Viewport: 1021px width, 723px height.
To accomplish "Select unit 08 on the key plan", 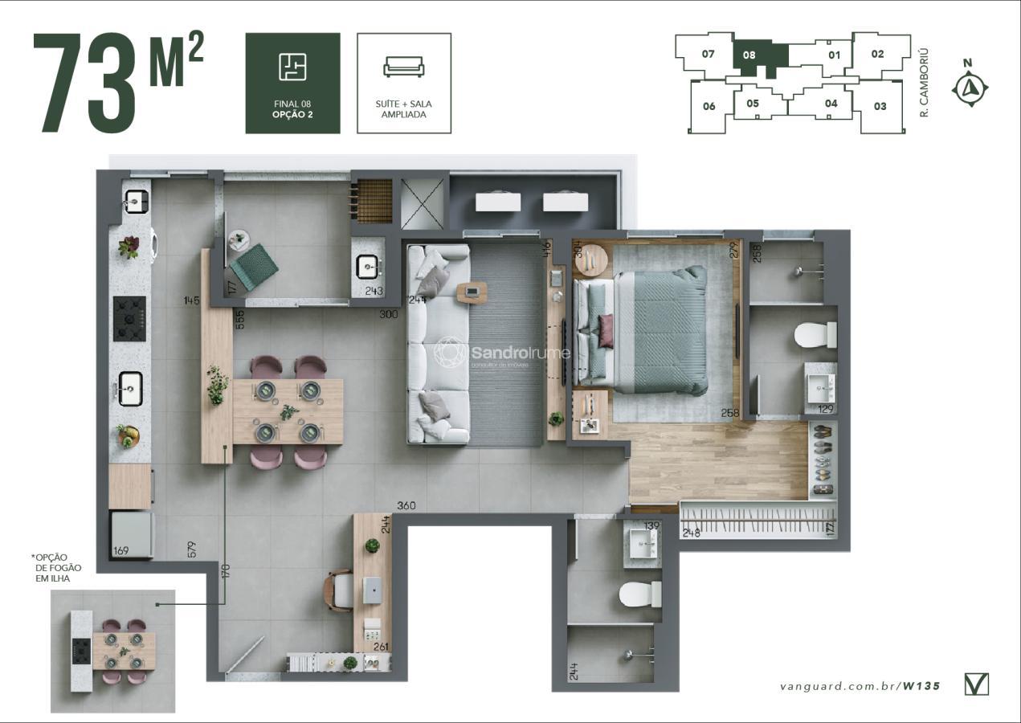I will coord(749,56).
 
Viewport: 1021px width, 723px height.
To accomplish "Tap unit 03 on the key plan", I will coord(880,106).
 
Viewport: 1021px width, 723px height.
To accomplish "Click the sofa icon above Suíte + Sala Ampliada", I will coord(403,67).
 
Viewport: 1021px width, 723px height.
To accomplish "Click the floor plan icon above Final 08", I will coord(292,67).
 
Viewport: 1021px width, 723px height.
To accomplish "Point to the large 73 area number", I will coord(84,84).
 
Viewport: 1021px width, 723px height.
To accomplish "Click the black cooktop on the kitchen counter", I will coord(129,319).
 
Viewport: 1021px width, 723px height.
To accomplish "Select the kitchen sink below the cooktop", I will coord(130,389).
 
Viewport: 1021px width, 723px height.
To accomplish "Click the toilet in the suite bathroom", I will coord(816,335).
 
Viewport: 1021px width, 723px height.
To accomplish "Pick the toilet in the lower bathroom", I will coord(640,594).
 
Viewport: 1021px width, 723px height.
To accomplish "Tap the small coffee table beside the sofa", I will coord(472,292).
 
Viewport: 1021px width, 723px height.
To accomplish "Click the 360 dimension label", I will coord(406,506).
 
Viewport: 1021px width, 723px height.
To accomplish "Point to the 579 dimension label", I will coord(191,549).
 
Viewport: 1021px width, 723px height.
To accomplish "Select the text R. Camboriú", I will coord(925,83).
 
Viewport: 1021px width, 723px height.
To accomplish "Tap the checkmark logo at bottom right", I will coord(976,684).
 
